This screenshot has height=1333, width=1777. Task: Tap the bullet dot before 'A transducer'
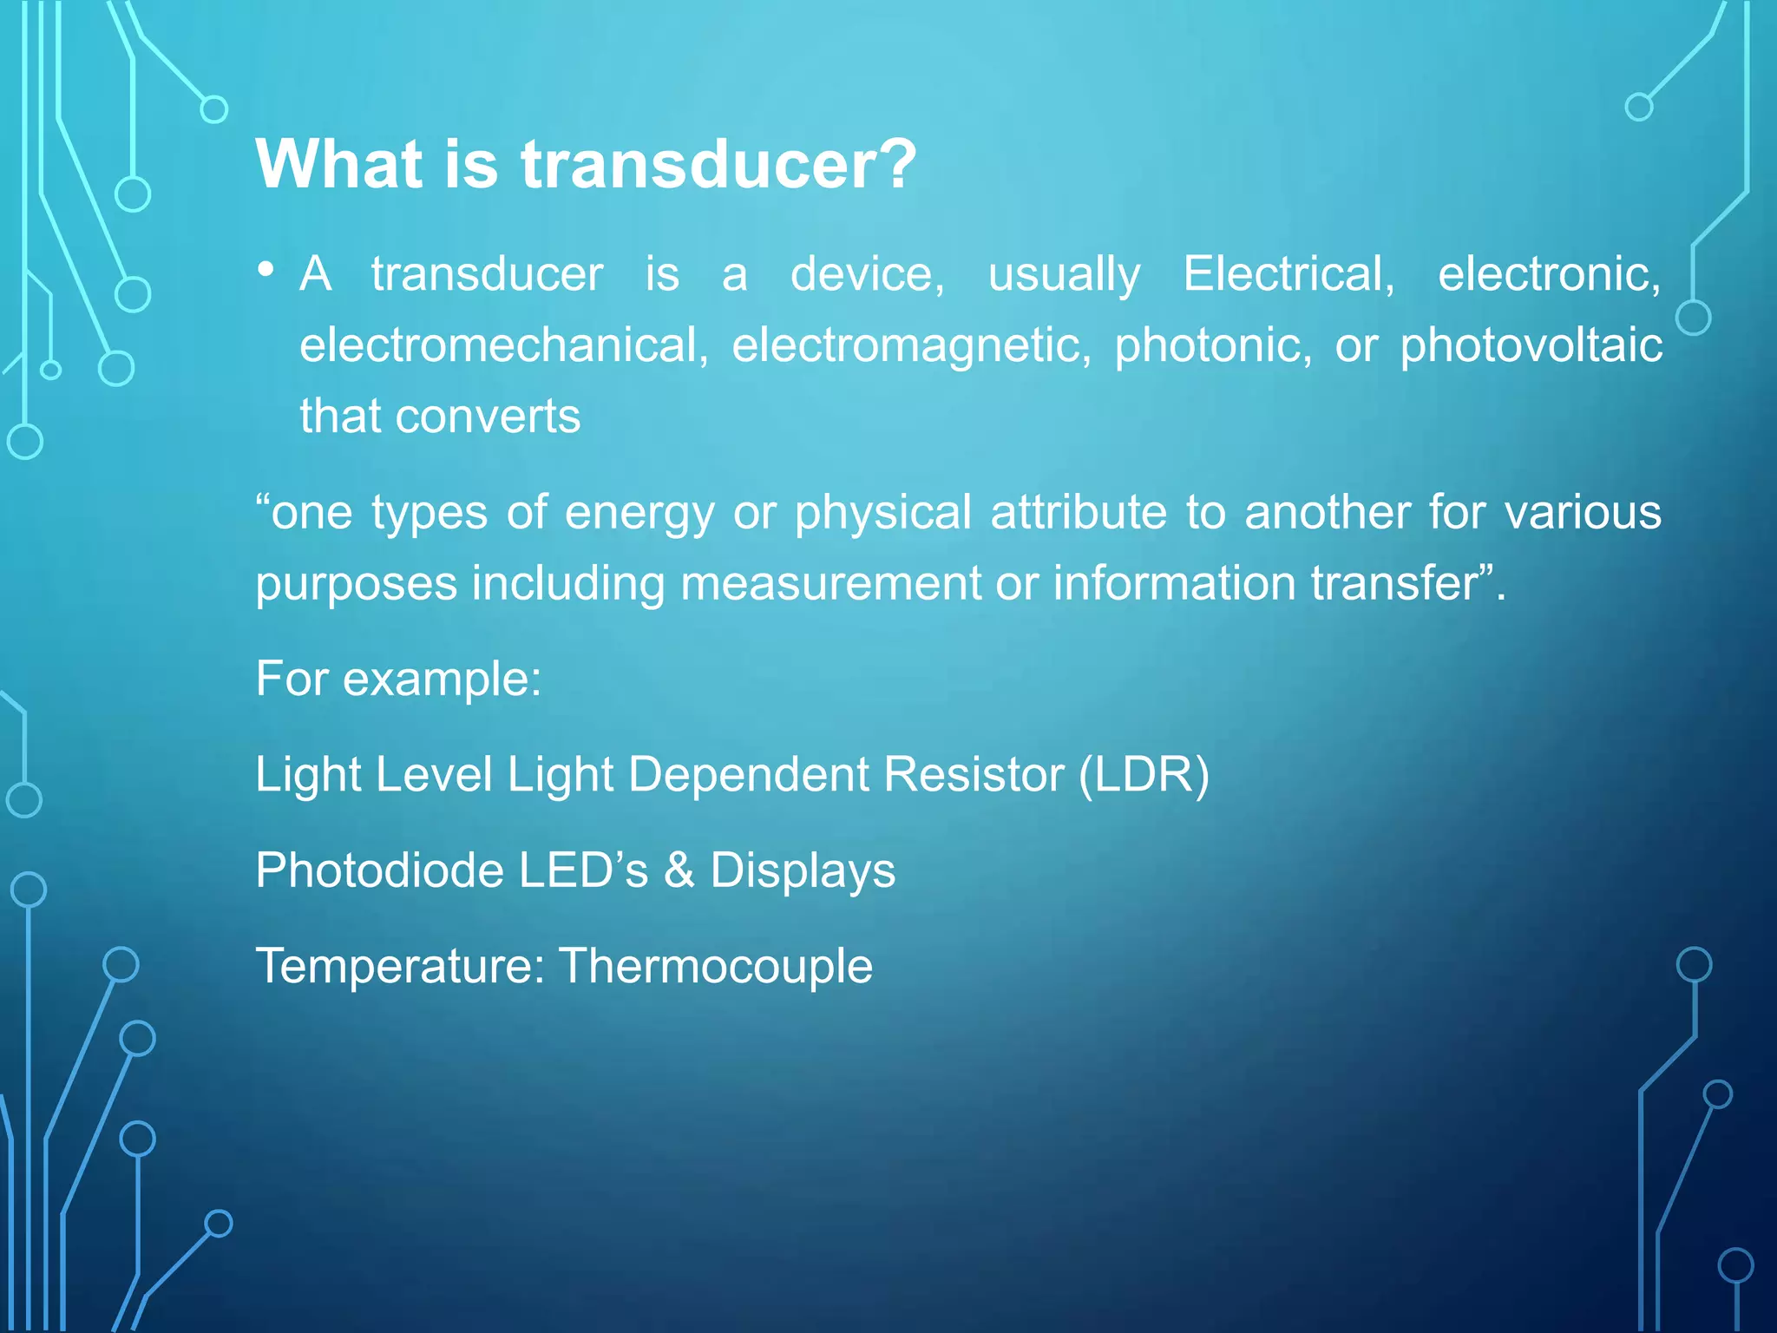[x=266, y=270]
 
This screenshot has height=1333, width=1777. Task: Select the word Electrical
[x=1288, y=274]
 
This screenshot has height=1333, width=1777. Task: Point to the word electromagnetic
[x=911, y=345]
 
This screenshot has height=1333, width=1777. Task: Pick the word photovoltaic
[x=1531, y=345]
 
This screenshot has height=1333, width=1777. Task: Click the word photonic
[x=1213, y=345]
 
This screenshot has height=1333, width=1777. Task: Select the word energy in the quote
[x=639, y=513]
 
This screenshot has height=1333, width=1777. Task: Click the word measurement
[x=830, y=583]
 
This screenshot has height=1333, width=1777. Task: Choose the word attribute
[x=1079, y=512]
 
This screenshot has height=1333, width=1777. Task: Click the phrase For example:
[x=398, y=679]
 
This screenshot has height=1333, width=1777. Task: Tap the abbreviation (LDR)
[x=1144, y=774]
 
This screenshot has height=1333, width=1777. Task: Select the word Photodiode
[x=378, y=870]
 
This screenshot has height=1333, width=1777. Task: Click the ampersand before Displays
[x=679, y=870]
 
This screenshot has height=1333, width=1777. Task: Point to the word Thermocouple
[x=715, y=967]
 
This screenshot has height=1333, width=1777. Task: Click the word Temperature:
[x=400, y=967]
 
